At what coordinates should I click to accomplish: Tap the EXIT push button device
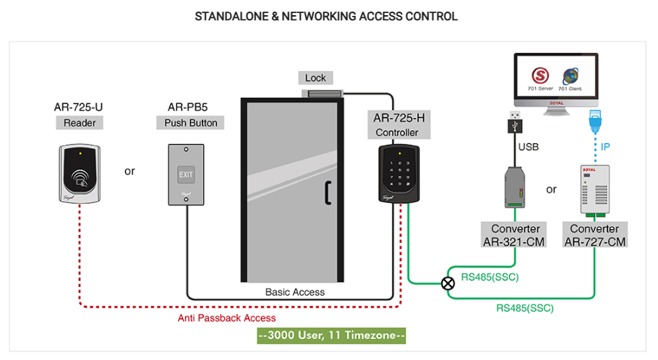point(186,173)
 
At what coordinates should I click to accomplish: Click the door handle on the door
point(328,191)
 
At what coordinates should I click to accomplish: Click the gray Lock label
point(315,78)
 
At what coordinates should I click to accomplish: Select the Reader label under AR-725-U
point(79,123)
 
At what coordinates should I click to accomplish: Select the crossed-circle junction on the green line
point(448,283)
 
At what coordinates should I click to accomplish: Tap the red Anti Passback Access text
point(226,318)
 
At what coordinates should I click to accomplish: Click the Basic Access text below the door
point(295,292)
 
